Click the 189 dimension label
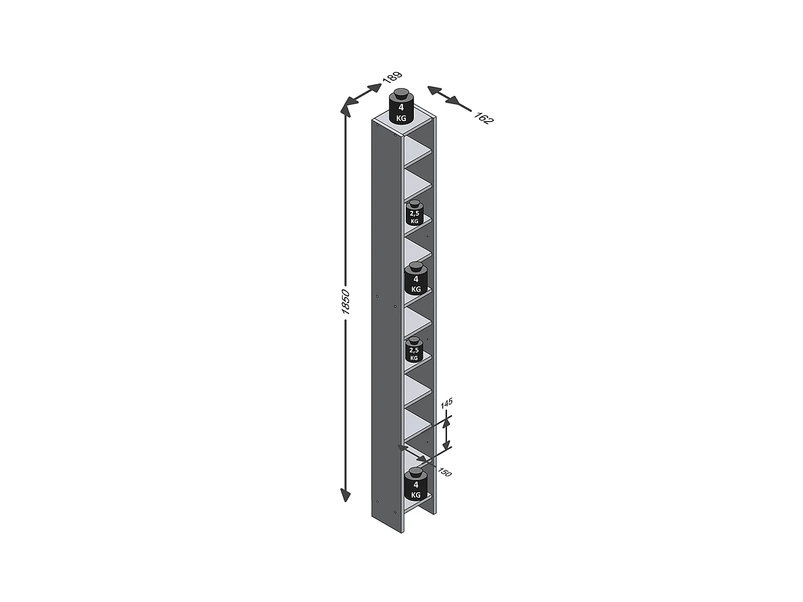(x=392, y=77)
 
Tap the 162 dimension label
(x=483, y=118)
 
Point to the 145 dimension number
(x=446, y=403)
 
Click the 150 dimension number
(x=445, y=473)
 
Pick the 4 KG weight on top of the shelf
(x=401, y=106)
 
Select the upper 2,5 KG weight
(x=414, y=212)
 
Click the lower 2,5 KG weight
(x=414, y=350)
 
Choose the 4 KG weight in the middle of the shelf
(x=415, y=278)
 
